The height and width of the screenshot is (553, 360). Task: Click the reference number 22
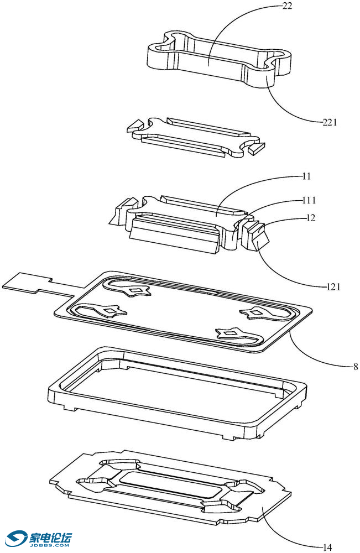pyautogui.click(x=287, y=6)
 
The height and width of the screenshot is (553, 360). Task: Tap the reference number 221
pyautogui.click(x=330, y=122)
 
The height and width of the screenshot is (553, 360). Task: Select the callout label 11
pyautogui.click(x=306, y=176)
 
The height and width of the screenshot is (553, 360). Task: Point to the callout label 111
pyautogui.click(x=309, y=200)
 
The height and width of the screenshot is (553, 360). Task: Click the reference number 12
pyautogui.click(x=310, y=218)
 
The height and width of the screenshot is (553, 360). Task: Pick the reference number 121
pyautogui.click(x=333, y=286)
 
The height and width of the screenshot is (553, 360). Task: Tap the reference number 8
pyautogui.click(x=356, y=367)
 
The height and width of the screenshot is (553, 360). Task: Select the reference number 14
pyautogui.click(x=327, y=547)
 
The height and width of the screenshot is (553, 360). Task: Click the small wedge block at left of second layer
pyautogui.click(x=135, y=126)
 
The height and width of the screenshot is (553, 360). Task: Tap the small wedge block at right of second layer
pyautogui.click(x=257, y=148)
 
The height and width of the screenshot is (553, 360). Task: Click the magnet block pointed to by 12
pyautogui.click(x=255, y=235)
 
